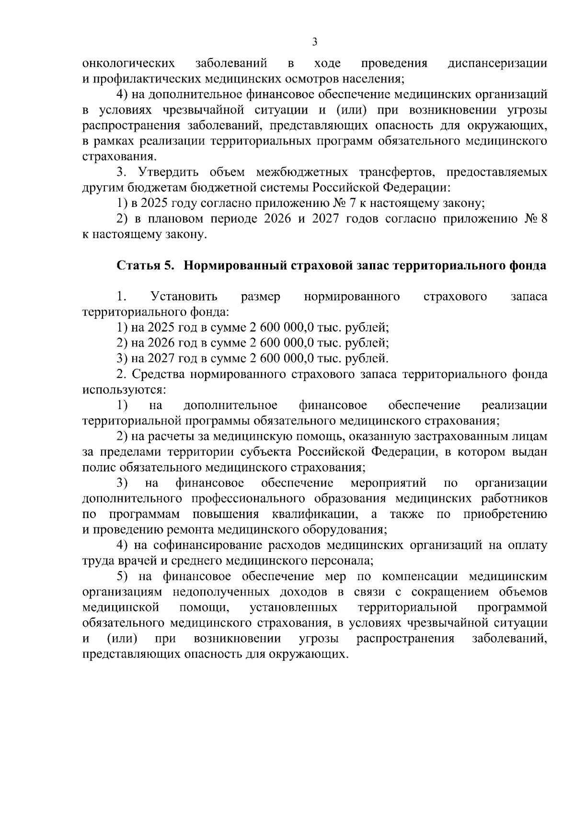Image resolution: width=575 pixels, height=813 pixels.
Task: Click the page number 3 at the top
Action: click(x=314, y=42)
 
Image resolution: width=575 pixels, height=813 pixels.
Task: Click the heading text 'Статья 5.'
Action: click(x=146, y=266)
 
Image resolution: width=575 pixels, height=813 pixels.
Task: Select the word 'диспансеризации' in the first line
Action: click(x=497, y=63)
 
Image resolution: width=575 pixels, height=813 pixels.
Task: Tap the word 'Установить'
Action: click(x=184, y=297)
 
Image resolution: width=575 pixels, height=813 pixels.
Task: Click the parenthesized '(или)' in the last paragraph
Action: click(x=122, y=639)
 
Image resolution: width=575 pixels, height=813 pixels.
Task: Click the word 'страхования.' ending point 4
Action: click(x=119, y=157)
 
